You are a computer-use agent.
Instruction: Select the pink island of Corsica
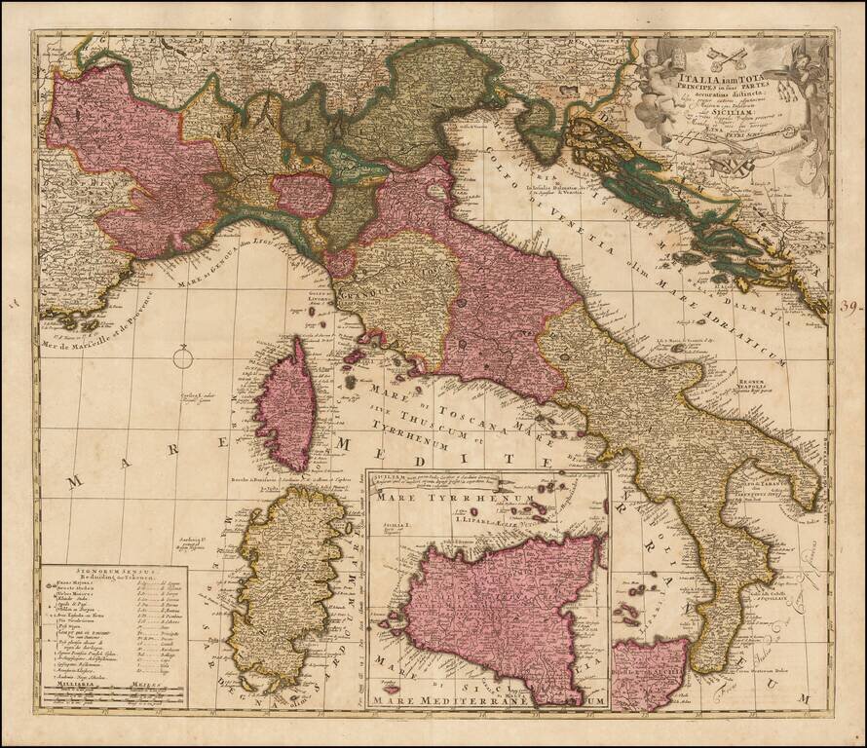(x=284, y=404)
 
